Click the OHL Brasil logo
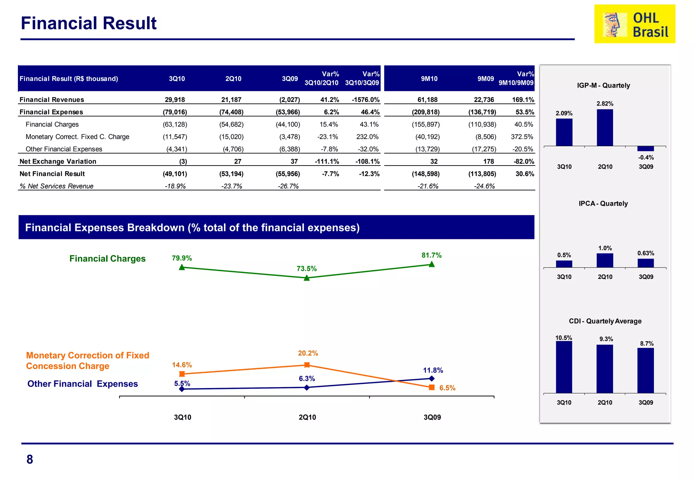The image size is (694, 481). [634, 24]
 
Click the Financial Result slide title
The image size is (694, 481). [88, 23]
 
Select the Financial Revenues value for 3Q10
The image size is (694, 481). [175, 100]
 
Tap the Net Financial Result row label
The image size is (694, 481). [52, 174]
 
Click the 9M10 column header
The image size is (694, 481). [429, 79]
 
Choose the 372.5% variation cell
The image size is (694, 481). [522, 137]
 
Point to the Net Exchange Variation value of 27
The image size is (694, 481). [238, 161]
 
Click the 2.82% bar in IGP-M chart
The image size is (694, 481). [605, 128]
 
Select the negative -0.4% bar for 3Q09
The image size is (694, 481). [646, 149]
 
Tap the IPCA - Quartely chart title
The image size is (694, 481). [603, 204]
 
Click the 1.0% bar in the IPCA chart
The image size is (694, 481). [605, 261]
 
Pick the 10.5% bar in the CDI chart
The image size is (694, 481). [564, 367]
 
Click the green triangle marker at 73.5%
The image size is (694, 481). [307, 278]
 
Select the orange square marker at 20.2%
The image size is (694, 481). [307, 365]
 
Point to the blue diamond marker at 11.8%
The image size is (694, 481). [432, 379]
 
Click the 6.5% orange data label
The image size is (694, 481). [447, 388]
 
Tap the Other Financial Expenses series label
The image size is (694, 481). [83, 384]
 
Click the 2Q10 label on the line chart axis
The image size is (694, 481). [307, 417]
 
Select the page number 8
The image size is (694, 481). [30, 460]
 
